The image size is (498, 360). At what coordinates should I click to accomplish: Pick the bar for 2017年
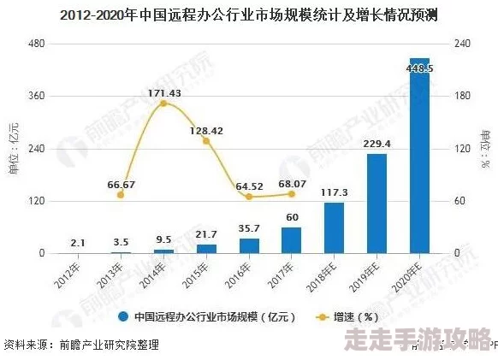292,240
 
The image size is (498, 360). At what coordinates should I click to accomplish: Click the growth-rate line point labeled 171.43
163,103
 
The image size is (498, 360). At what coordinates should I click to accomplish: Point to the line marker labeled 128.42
206,141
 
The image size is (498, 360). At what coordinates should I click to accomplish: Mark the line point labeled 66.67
121,195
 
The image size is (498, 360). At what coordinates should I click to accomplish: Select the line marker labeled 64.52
249,197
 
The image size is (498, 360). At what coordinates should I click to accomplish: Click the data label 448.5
419,68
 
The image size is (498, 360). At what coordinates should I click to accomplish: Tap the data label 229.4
376,144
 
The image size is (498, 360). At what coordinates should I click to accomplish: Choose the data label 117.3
334,192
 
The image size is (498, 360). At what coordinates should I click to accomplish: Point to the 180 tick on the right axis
462,96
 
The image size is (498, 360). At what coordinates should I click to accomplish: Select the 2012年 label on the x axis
71,274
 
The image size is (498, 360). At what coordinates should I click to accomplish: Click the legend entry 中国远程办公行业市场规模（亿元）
205,316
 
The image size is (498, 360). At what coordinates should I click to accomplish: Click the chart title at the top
248,16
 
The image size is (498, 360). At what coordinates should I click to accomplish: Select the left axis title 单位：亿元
13,149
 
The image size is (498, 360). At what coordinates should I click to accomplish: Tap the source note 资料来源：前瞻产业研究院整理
81,345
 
